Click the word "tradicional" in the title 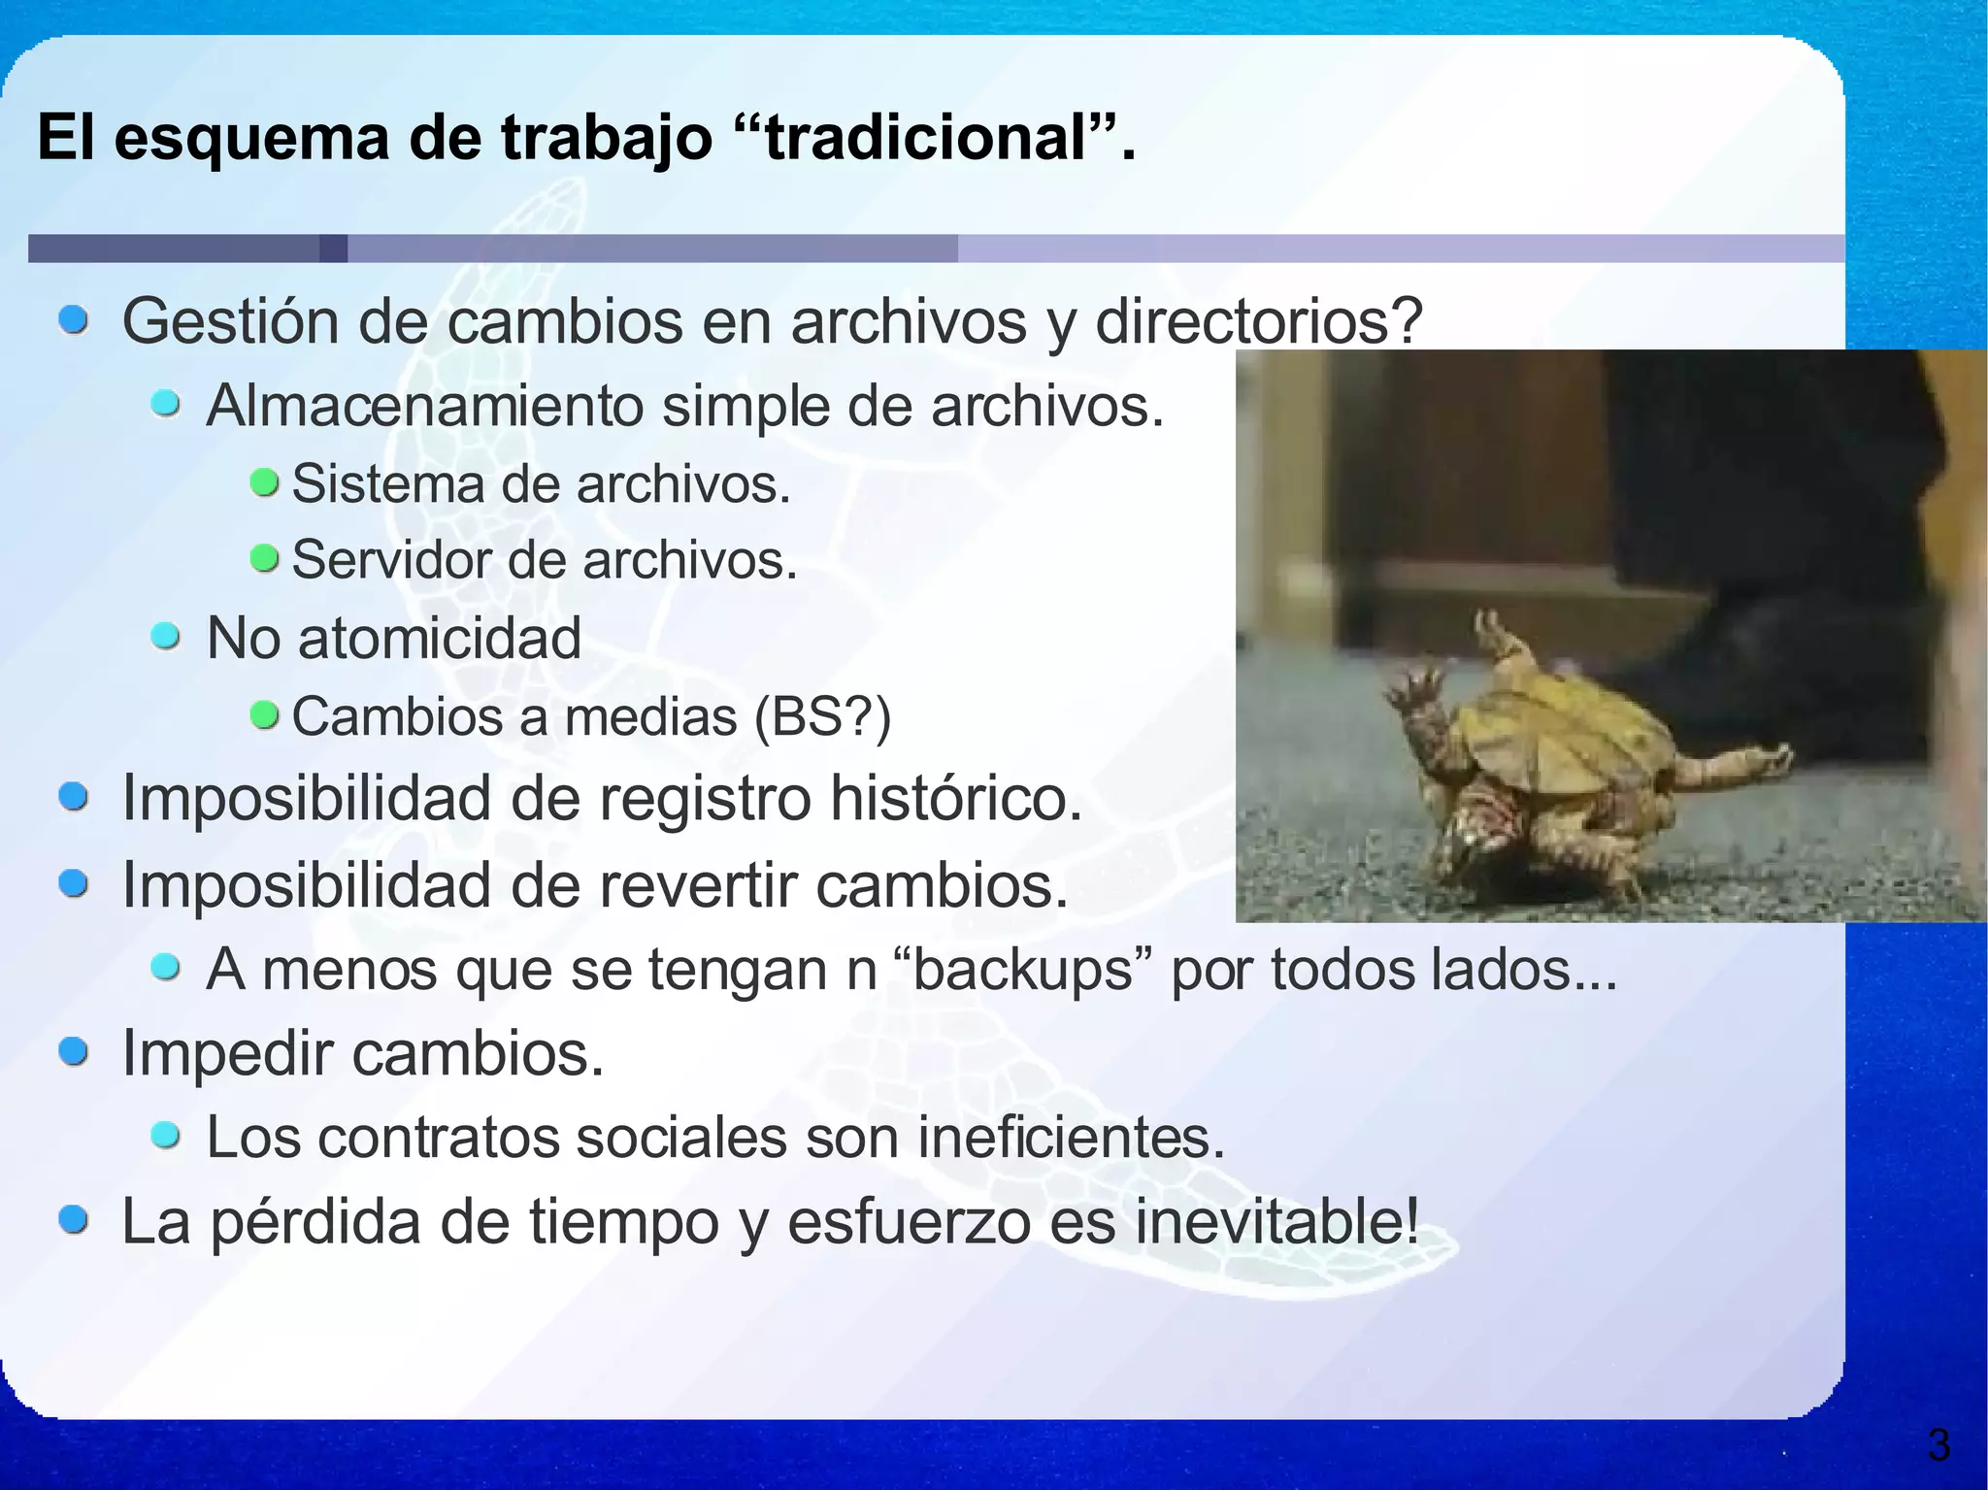(926, 138)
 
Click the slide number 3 (1938, 1445)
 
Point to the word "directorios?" (1258, 321)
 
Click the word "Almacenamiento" (424, 406)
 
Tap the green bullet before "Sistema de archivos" (264, 481)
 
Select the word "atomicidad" (440, 639)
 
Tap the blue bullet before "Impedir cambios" (75, 1051)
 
